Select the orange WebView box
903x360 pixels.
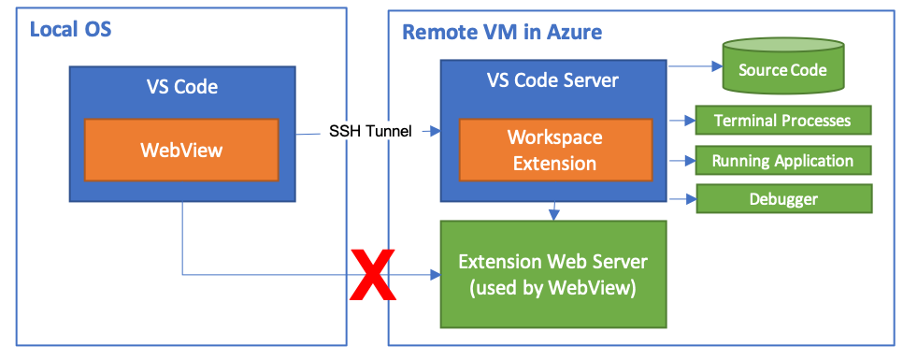[x=181, y=150]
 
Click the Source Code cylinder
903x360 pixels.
[x=782, y=69]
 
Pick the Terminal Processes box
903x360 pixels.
[x=782, y=121]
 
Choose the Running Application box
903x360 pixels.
[x=782, y=160]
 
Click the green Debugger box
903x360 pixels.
[x=782, y=199]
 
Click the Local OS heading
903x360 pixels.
[x=70, y=29]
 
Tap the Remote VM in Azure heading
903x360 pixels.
[x=502, y=32]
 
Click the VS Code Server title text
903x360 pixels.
[x=552, y=80]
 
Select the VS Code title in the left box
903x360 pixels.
[x=181, y=87]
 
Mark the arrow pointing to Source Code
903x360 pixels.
[x=692, y=66]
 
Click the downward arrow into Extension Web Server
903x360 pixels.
[x=556, y=210]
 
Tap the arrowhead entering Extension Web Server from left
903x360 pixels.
[x=435, y=275]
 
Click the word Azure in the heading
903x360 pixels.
[x=575, y=32]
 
